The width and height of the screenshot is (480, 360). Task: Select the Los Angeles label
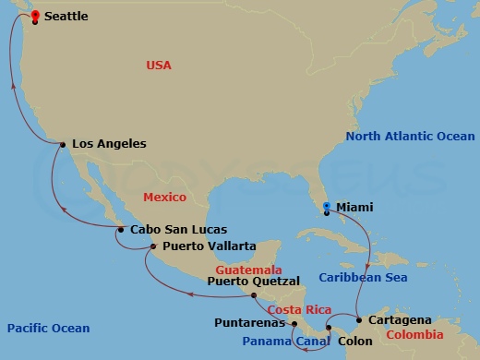click(x=109, y=144)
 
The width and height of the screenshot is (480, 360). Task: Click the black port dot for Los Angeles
click(x=62, y=145)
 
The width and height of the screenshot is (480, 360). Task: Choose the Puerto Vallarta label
click(x=209, y=246)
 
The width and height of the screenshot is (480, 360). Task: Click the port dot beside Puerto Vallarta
click(x=153, y=246)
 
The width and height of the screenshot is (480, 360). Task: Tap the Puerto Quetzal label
click(x=253, y=281)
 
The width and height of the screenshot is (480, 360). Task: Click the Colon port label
click(x=355, y=339)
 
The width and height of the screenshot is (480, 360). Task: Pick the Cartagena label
click(x=400, y=319)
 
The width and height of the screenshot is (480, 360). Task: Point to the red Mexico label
click(x=164, y=198)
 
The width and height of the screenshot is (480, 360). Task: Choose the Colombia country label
click(x=414, y=334)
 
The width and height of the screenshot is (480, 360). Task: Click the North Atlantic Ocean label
click(x=410, y=137)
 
